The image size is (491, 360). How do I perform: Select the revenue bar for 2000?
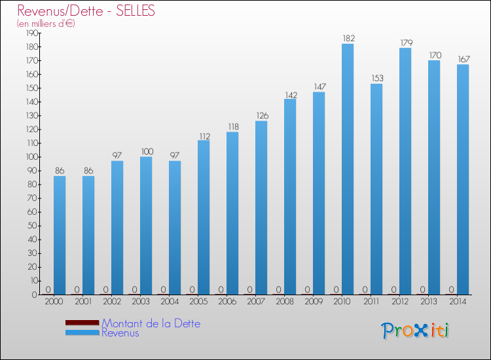coord(60,235)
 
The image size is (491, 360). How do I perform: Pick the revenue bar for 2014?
coord(463,179)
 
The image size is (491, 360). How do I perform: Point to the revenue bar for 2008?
coord(290,196)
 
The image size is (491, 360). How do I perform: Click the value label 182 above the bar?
coord(348,39)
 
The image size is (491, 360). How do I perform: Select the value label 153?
coord(376,79)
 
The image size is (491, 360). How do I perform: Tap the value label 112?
coord(204,135)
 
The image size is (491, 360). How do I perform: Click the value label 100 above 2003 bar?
coord(146,152)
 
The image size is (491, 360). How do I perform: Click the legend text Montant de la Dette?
coord(151,323)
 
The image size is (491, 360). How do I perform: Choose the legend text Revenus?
coord(120,333)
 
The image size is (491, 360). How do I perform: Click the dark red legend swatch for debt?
coord(82,323)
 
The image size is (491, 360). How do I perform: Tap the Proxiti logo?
coord(416,331)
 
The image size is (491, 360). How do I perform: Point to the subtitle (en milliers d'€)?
coord(46,24)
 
